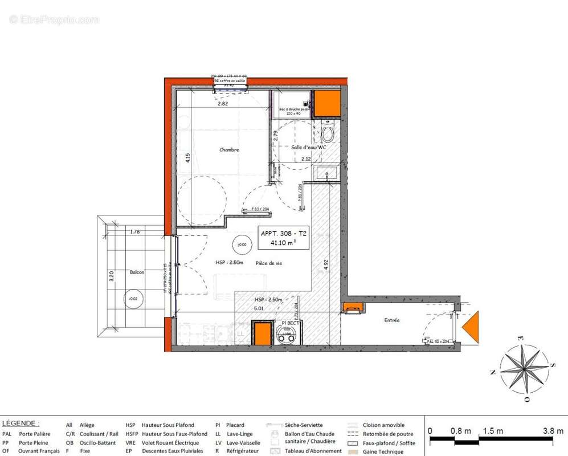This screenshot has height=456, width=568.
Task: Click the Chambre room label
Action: [229, 150]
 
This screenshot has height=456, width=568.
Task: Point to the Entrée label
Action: [391, 320]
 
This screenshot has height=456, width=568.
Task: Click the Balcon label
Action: [136, 272]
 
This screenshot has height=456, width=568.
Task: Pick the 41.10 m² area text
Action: [283, 243]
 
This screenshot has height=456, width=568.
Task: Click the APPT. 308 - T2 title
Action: [283, 233]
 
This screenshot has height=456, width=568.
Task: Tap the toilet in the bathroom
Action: [328, 135]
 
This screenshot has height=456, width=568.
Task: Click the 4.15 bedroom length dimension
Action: [187, 158]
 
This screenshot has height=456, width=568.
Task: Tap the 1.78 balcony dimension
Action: [135, 232]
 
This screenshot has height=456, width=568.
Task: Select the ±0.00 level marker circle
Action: [242, 245]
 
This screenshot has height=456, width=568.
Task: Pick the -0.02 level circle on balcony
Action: [133, 299]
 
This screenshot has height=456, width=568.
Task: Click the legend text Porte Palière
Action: [35, 434]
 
